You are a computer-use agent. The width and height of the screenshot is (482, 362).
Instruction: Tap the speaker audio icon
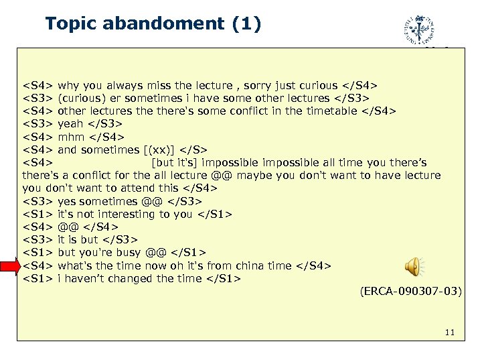(x=413, y=266)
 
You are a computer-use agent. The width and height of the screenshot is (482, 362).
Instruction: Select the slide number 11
(x=450, y=333)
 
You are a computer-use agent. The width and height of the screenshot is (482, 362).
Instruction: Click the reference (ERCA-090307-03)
(x=410, y=292)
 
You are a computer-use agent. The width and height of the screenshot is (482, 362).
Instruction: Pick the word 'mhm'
(x=71, y=137)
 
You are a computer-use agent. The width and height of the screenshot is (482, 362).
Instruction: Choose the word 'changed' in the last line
(x=135, y=279)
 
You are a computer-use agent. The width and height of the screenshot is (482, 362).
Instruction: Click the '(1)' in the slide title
(x=244, y=24)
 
